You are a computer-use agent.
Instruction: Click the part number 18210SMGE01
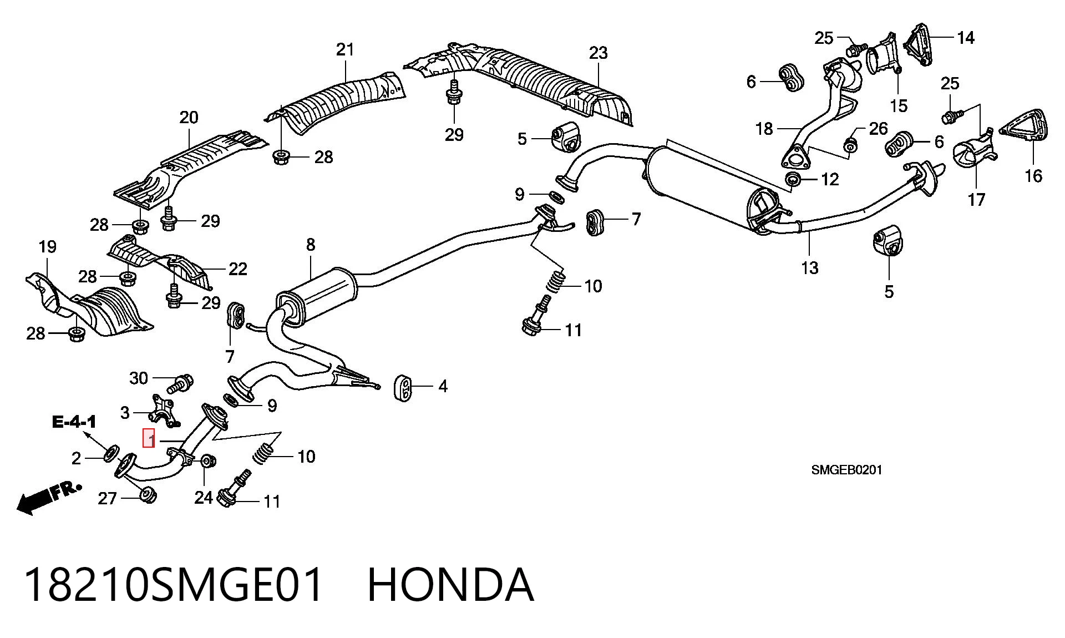(174, 585)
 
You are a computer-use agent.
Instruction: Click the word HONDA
(450, 585)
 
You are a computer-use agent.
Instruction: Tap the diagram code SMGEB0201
(846, 470)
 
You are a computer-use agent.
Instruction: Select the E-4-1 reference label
(74, 422)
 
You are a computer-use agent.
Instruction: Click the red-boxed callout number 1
(149, 439)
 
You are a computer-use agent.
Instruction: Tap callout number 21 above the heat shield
(345, 49)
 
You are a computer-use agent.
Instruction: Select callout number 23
(598, 53)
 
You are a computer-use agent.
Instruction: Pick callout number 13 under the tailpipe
(809, 268)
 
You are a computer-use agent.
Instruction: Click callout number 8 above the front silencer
(311, 245)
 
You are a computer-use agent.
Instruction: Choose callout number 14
(966, 38)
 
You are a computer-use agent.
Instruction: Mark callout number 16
(1033, 176)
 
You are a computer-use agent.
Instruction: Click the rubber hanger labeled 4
(403, 388)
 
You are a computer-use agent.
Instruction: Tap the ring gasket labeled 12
(794, 179)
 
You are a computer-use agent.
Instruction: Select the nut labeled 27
(148, 494)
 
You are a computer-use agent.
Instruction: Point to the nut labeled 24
(208, 461)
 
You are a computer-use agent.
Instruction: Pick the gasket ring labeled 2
(111, 453)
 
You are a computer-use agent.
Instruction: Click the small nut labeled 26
(850, 145)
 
